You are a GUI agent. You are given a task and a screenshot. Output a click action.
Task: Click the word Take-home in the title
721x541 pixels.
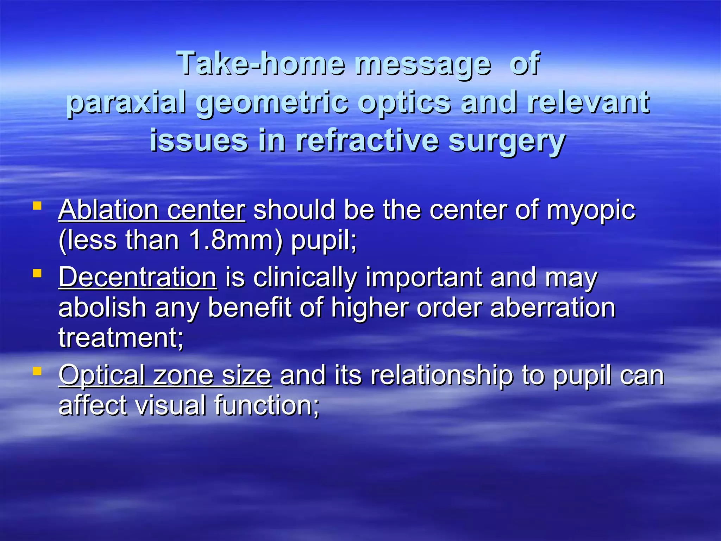(x=261, y=63)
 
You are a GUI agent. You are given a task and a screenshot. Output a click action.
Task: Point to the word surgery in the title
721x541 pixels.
(x=507, y=141)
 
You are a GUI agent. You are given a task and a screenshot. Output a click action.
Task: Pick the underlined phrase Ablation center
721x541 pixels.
(x=152, y=210)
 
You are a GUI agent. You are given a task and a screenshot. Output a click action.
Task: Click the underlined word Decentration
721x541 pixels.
(x=137, y=278)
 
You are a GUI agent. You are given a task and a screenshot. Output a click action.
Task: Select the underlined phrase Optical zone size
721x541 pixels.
(x=165, y=375)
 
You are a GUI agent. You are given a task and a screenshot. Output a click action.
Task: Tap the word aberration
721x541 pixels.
(x=552, y=308)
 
